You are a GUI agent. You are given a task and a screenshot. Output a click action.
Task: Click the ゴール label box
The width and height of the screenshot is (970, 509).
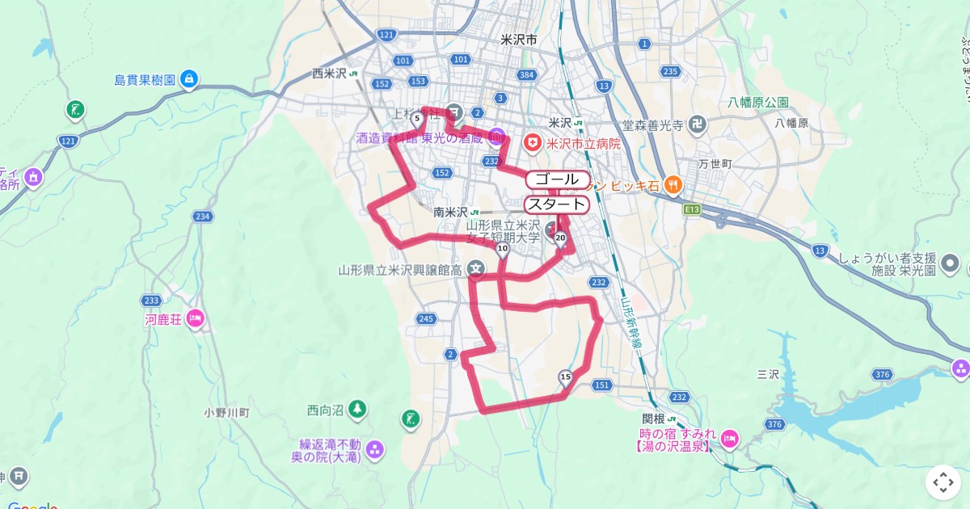pyautogui.click(x=557, y=179)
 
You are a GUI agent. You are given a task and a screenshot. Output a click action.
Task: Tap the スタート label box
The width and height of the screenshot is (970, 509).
pyautogui.click(x=557, y=204)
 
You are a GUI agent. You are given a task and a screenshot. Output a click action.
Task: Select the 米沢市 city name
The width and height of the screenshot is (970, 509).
pyautogui.click(x=519, y=39)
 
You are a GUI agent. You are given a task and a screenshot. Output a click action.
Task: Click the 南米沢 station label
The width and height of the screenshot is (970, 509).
pyautogui.click(x=451, y=212)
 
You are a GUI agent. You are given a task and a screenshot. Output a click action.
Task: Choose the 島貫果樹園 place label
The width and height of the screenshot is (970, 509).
pyautogui.click(x=156, y=79)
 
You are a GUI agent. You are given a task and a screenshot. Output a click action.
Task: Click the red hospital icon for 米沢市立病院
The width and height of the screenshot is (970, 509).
pyautogui.click(x=532, y=144)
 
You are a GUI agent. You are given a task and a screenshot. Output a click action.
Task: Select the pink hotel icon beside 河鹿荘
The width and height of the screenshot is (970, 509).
pyautogui.click(x=195, y=319)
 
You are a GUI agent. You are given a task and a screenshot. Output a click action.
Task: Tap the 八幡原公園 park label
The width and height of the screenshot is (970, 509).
pyautogui.click(x=757, y=103)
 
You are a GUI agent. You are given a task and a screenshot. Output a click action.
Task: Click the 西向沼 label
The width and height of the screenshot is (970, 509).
pyautogui.click(x=326, y=410)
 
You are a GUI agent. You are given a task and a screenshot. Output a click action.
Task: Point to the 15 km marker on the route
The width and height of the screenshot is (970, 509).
pyautogui.click(x=565, y=376)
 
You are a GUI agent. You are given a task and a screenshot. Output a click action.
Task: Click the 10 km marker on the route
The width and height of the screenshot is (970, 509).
pyautogui.click(x=503, y=248)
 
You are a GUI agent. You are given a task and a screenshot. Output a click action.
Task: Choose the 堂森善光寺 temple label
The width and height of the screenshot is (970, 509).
pyautogui.click(x=653, y=125)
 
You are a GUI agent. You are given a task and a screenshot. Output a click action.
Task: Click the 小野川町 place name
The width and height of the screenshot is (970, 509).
pyautogui.click(x=226, y=412)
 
